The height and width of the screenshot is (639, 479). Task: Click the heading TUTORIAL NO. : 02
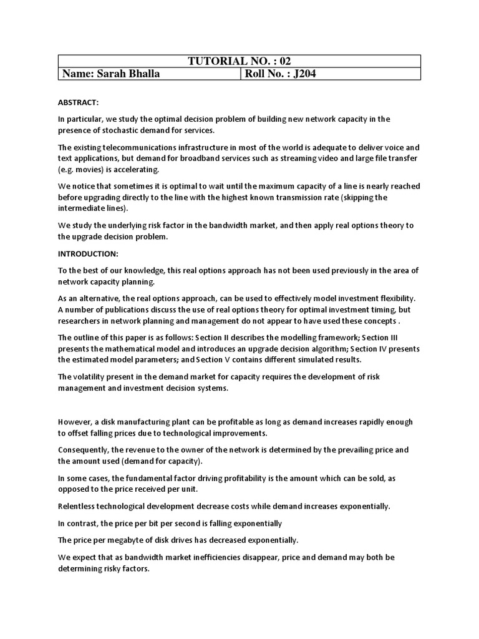pyautogui.click(x=239, y=61)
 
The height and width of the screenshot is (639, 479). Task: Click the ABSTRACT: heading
pyautogui.click(x=79, y=102)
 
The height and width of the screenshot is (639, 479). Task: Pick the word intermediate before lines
pyautogui.click(x=84, y=208)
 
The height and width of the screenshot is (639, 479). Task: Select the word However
pyautogui.click(x=75, y=422)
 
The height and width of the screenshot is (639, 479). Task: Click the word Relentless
pyautogui.click(x=80, y=506)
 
